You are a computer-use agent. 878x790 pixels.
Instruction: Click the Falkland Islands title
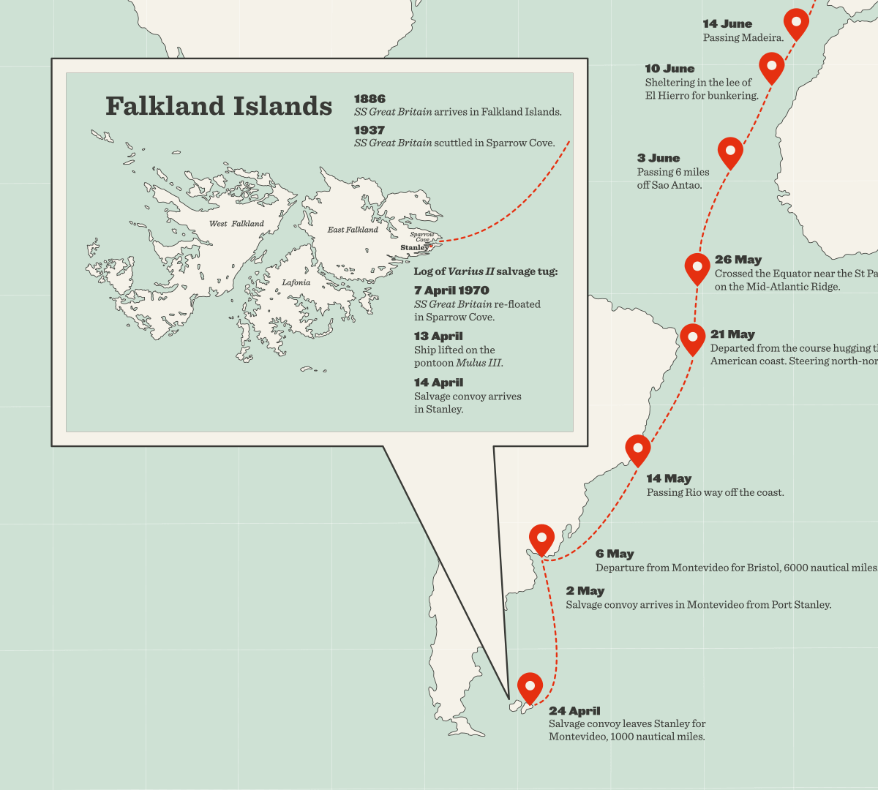pyautogui.click(x=219, y=106)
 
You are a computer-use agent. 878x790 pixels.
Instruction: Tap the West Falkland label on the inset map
pyautogui.click(x=236, y=224)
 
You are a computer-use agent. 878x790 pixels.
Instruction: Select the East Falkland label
pyautogui.click(x=353, y=230)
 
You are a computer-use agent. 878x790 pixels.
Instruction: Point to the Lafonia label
pyautogui.click(x=296, y=282)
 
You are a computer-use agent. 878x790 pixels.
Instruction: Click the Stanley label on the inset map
pyautogui.click(x=414, y=248)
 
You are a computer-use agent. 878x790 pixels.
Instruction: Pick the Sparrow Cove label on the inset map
pyautogui.click(x=422, y=237)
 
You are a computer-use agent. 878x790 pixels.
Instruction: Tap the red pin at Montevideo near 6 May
pyautogui.click(x=541, y=538)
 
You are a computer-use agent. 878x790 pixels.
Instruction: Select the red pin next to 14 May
pyautogui.click(x=638, y=448)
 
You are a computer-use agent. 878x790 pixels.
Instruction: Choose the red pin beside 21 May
pyautogui.click(x=693, y=337)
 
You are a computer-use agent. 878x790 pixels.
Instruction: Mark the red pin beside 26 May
pyautogui.click(x=697, y=267)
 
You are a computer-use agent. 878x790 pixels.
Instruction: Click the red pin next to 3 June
pyautogui.click(x=730, y=151)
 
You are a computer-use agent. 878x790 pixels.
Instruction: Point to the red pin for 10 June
pyautogui.click(x=771, y=67)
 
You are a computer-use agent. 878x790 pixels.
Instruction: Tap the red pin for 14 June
pyautogui.click(x=796, y=22)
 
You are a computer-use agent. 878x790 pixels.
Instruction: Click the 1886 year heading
pyautogui.click(x=369, y=99)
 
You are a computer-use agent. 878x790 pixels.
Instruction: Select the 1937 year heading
pyautogui.click(x=369, y=130)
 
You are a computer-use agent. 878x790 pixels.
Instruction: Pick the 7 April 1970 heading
pyautogui.click(x=451, y=290)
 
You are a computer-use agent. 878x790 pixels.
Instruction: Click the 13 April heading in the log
pyautogui.click(x=438, y=336)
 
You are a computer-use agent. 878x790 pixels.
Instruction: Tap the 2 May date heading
pyautogui.click(x=585, y=591)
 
